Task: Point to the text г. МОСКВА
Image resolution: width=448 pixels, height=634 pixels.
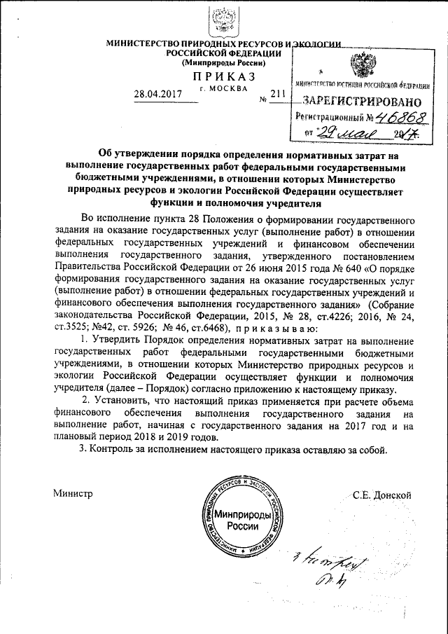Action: coord(223,89)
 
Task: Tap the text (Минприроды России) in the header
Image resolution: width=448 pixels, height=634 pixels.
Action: coord(223,63)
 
